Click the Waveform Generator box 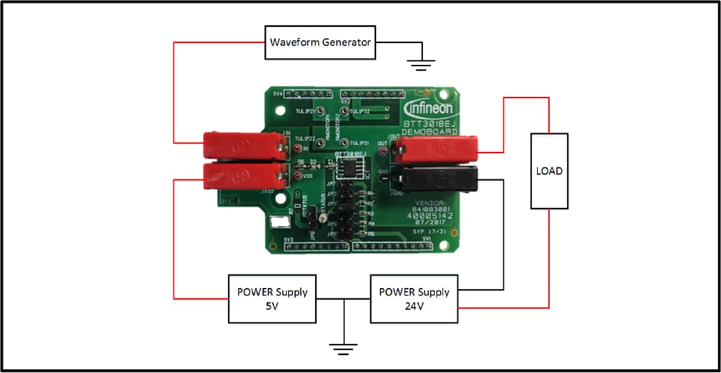[x=320, y=43]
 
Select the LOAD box [x=549, y=171]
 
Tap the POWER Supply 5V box [x=272, y=298]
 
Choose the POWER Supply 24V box [x=414, y=298]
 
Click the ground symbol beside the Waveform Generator [x=421, y=63]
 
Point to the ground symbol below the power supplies [x=343, y=348]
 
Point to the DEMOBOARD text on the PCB [x=430, y=131]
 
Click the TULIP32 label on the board [x=360, y=111]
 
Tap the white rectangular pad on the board [x=274, y=225]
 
